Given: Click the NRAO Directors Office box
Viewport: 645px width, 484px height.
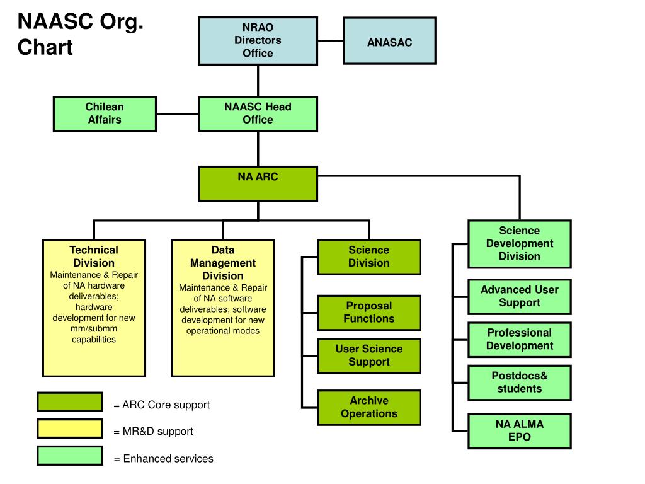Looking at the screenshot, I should click(x=258, y=40).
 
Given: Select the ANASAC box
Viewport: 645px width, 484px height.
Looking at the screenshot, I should click(x=389, y=41).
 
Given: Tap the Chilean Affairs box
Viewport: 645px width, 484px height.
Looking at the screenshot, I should click(x=105, y=113).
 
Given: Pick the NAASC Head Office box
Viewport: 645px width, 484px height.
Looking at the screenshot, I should click(x=258, y=113).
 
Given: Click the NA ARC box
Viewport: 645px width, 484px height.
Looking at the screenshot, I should click(x=258, y=183).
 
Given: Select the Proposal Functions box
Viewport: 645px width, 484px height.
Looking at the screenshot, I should click(x=368, y=313).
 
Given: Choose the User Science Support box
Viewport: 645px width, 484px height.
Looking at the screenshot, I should click(x=368, y=355).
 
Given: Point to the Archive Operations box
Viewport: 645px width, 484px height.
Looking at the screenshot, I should click(x=368, y=407).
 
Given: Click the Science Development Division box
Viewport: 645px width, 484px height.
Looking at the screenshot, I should click(x=519, y=243).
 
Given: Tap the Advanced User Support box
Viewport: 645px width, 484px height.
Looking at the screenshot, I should click(x=519, y=296).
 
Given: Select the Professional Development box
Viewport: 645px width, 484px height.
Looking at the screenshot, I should click(x=519, y=339).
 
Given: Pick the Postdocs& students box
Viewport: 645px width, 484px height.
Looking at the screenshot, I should click(x=519, y=383).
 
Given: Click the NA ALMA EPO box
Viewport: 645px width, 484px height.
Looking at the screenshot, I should click(x=519, y=430).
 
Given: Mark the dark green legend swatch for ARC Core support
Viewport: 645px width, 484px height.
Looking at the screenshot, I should click(x=69, y=402).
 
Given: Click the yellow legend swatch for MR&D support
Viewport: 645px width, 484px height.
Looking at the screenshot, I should click(x=69, y=429).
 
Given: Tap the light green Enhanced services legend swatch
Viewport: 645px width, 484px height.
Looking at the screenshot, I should click(x=69, y=456).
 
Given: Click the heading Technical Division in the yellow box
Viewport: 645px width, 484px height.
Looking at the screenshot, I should click(x=94, y=256).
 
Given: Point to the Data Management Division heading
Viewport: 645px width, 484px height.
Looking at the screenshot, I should click(x=223, y=263).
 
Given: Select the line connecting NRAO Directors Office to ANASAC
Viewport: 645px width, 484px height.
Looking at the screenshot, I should click(x=330, y=40).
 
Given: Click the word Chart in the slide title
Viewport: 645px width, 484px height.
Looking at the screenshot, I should click(x=45, y=47).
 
